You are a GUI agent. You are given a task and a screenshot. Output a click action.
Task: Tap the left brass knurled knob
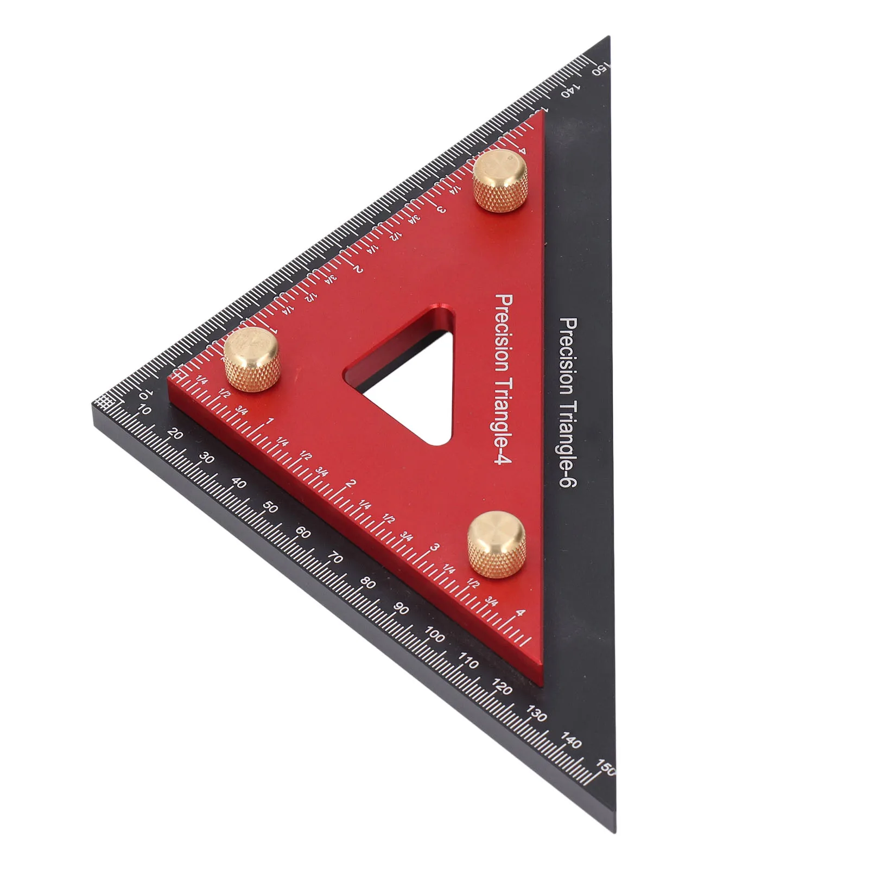pos(252,359)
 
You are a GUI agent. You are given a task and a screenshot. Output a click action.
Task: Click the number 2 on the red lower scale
pos(352,484)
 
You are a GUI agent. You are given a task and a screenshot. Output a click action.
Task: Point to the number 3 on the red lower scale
pos(435,548)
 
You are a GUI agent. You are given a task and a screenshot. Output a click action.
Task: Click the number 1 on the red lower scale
pos(270,421)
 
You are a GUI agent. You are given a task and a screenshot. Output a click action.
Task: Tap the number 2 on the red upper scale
pos(358,270)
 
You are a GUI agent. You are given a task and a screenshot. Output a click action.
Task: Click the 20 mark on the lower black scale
pos(175,434)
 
